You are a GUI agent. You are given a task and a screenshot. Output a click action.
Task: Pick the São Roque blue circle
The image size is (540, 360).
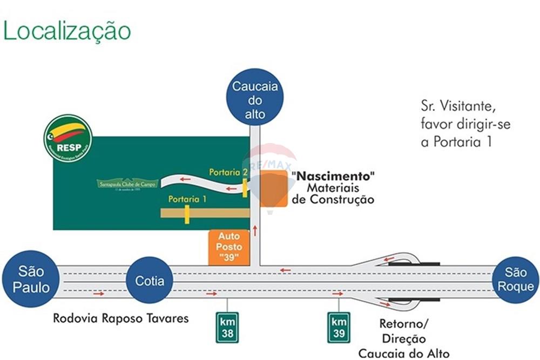[515, 279]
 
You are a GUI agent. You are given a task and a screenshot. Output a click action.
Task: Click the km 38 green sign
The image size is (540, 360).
[227, 328]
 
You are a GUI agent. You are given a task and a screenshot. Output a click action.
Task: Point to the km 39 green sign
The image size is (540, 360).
[339, 328]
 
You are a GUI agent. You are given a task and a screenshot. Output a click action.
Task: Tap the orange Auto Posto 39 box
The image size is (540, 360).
[228, 247]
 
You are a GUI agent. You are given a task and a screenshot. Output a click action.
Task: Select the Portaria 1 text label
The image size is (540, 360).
[187, 199]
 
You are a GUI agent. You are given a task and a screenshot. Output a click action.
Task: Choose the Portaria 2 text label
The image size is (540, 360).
[228, 172]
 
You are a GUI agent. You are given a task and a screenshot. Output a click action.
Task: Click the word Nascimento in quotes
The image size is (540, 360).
[333, 176]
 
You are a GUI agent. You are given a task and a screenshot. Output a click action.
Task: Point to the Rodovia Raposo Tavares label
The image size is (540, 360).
[121, 318]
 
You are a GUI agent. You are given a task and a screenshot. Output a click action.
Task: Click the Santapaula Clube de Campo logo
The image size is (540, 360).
[127, 184]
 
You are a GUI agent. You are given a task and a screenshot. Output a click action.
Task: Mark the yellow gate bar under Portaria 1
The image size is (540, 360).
[187, 214]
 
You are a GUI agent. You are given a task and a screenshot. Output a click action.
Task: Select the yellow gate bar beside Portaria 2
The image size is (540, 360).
[245, 188]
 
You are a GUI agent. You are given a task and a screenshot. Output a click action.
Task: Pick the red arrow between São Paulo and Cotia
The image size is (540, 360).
[98, 294]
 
